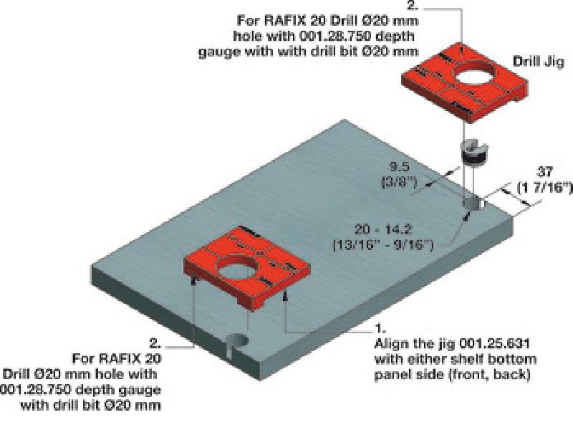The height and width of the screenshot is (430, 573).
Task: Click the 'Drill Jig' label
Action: [538, 62]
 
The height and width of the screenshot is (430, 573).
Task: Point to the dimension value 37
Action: [545, 171]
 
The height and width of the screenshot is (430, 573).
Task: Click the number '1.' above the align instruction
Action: [380, 330]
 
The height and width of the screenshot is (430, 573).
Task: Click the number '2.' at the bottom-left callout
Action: [156, 343]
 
